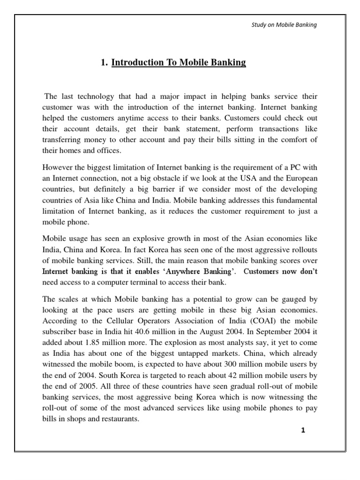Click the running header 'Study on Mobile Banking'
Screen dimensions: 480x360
click(285, 25)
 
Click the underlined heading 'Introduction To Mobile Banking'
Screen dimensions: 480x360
click(179, 63)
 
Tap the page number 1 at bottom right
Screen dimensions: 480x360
click(303, 431)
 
